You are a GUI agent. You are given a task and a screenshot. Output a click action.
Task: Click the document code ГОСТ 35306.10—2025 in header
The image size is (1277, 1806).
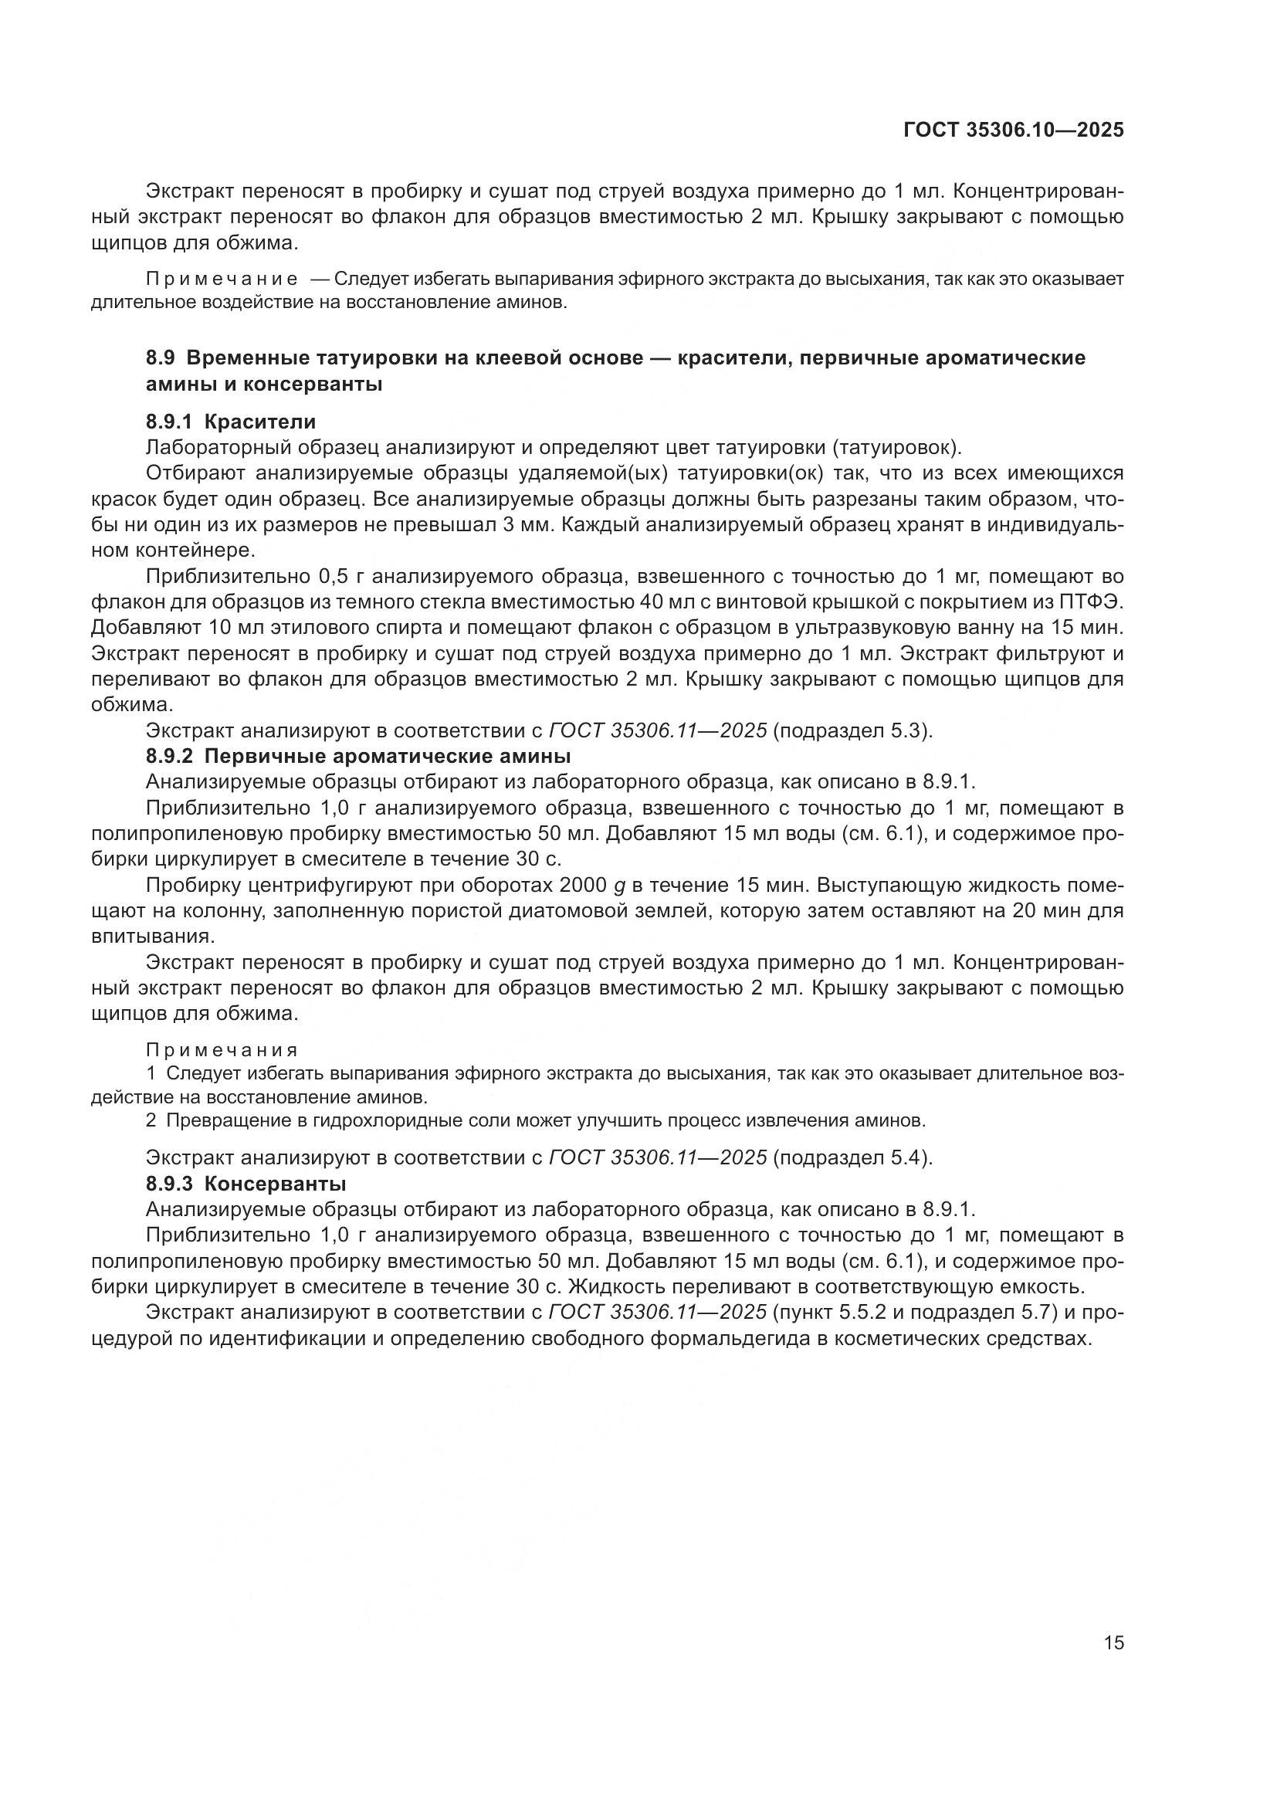tap(1013, 130)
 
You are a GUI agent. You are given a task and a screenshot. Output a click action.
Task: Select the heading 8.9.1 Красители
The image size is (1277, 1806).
tap(230, 422)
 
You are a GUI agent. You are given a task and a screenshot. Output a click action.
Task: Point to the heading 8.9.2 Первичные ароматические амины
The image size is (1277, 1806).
tap(357, 757)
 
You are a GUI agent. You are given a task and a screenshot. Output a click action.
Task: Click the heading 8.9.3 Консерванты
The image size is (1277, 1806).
tap(246, 1184)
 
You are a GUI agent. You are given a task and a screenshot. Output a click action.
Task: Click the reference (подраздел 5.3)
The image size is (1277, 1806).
tap(853, 730)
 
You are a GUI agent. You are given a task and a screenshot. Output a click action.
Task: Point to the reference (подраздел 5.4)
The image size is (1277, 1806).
tap(853, 1158)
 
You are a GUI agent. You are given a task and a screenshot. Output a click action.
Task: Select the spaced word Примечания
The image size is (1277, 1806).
tap(222, 1051)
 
